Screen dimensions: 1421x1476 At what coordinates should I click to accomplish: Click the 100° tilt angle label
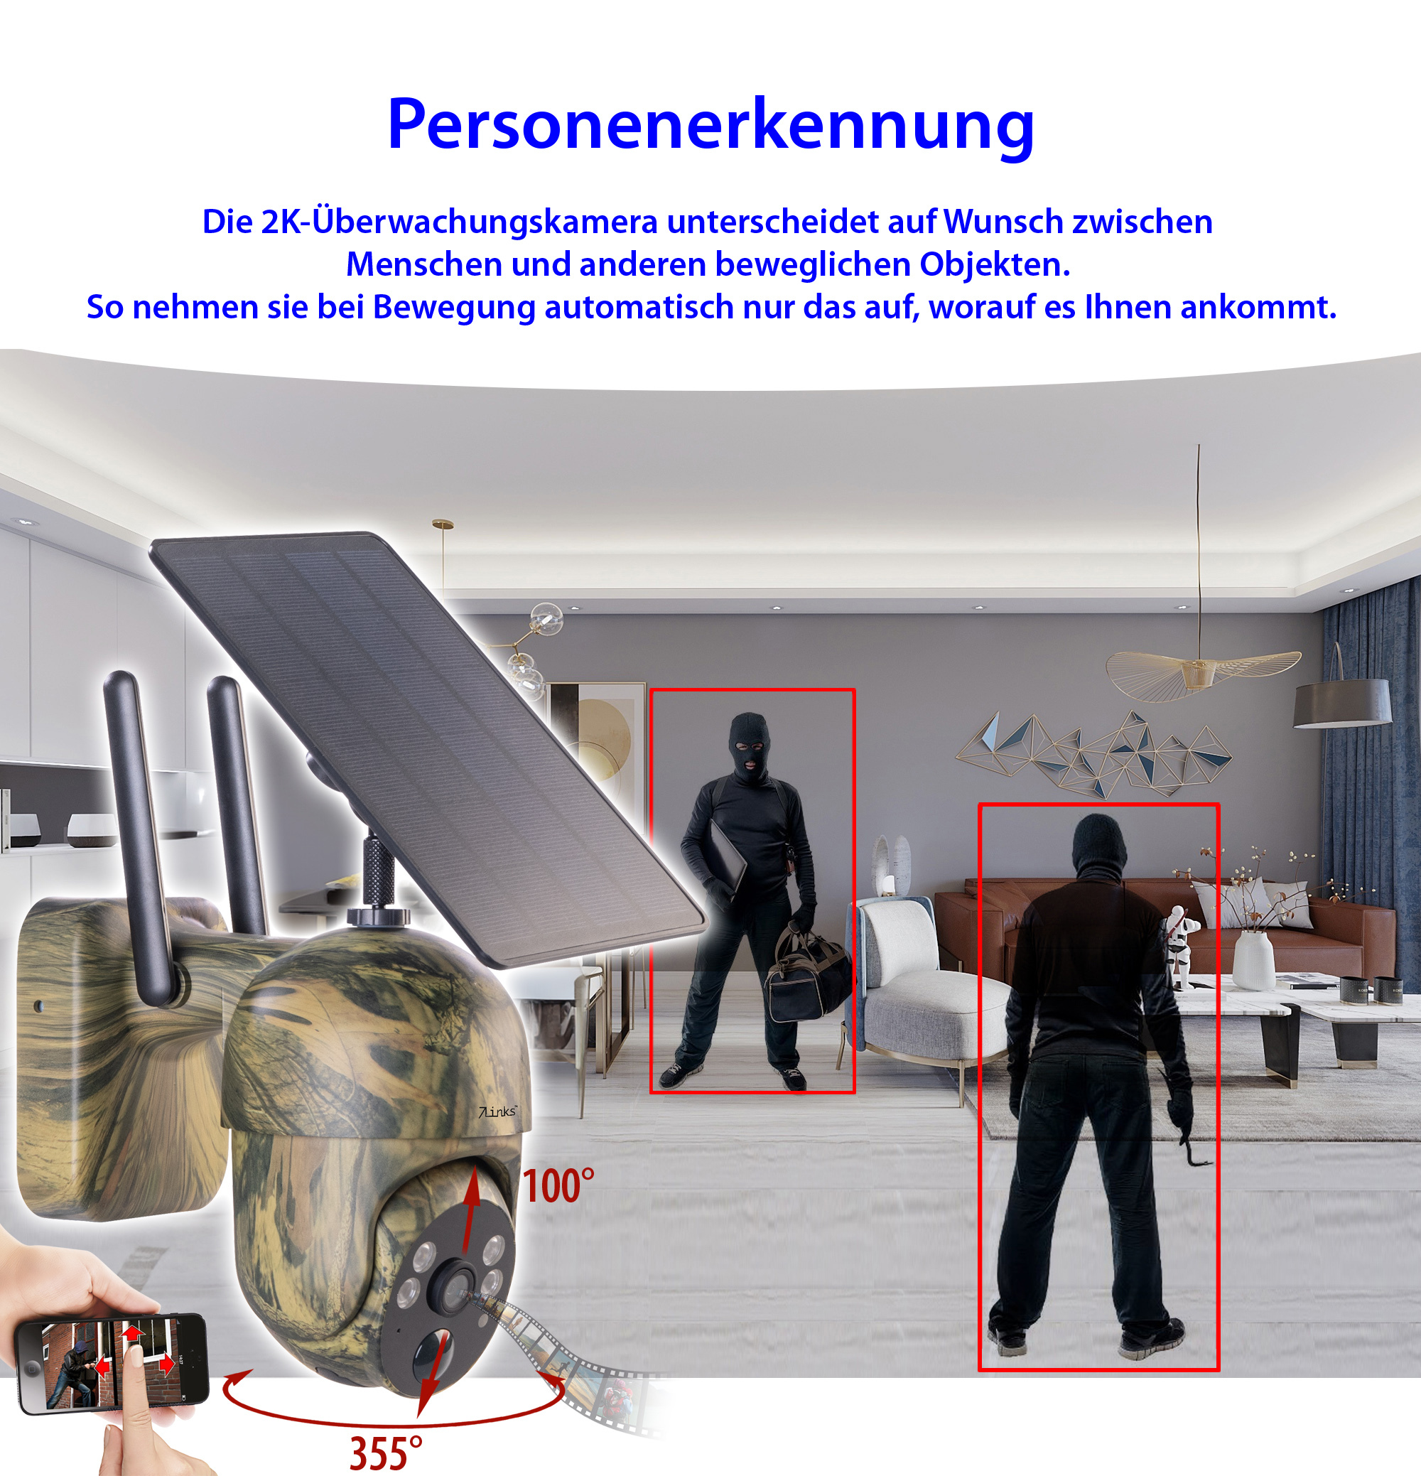[x=558, y=1186]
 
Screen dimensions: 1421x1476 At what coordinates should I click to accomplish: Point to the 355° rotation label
[x=386, y=1452]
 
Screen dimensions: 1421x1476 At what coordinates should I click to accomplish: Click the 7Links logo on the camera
[x=498, y=1111]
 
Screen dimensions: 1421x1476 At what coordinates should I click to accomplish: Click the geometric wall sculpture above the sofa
[x=1093, y=753]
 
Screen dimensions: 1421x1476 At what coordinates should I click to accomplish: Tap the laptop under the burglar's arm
[x=726, y=858]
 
